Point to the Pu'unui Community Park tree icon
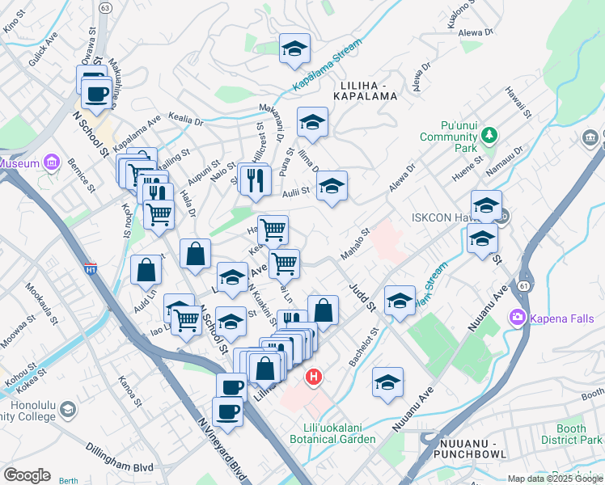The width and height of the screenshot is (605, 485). (x=489, y=139)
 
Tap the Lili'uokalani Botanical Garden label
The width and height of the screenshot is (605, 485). (x=333, y=432)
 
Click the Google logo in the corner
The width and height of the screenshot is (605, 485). (x=27, y=475)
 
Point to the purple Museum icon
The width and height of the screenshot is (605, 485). (x=52, y=163)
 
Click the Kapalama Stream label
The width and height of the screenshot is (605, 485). (x=325, y=68)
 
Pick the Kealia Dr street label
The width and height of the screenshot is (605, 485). (x=186, y=119)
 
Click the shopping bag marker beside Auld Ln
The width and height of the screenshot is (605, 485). (x=146, y=272)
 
